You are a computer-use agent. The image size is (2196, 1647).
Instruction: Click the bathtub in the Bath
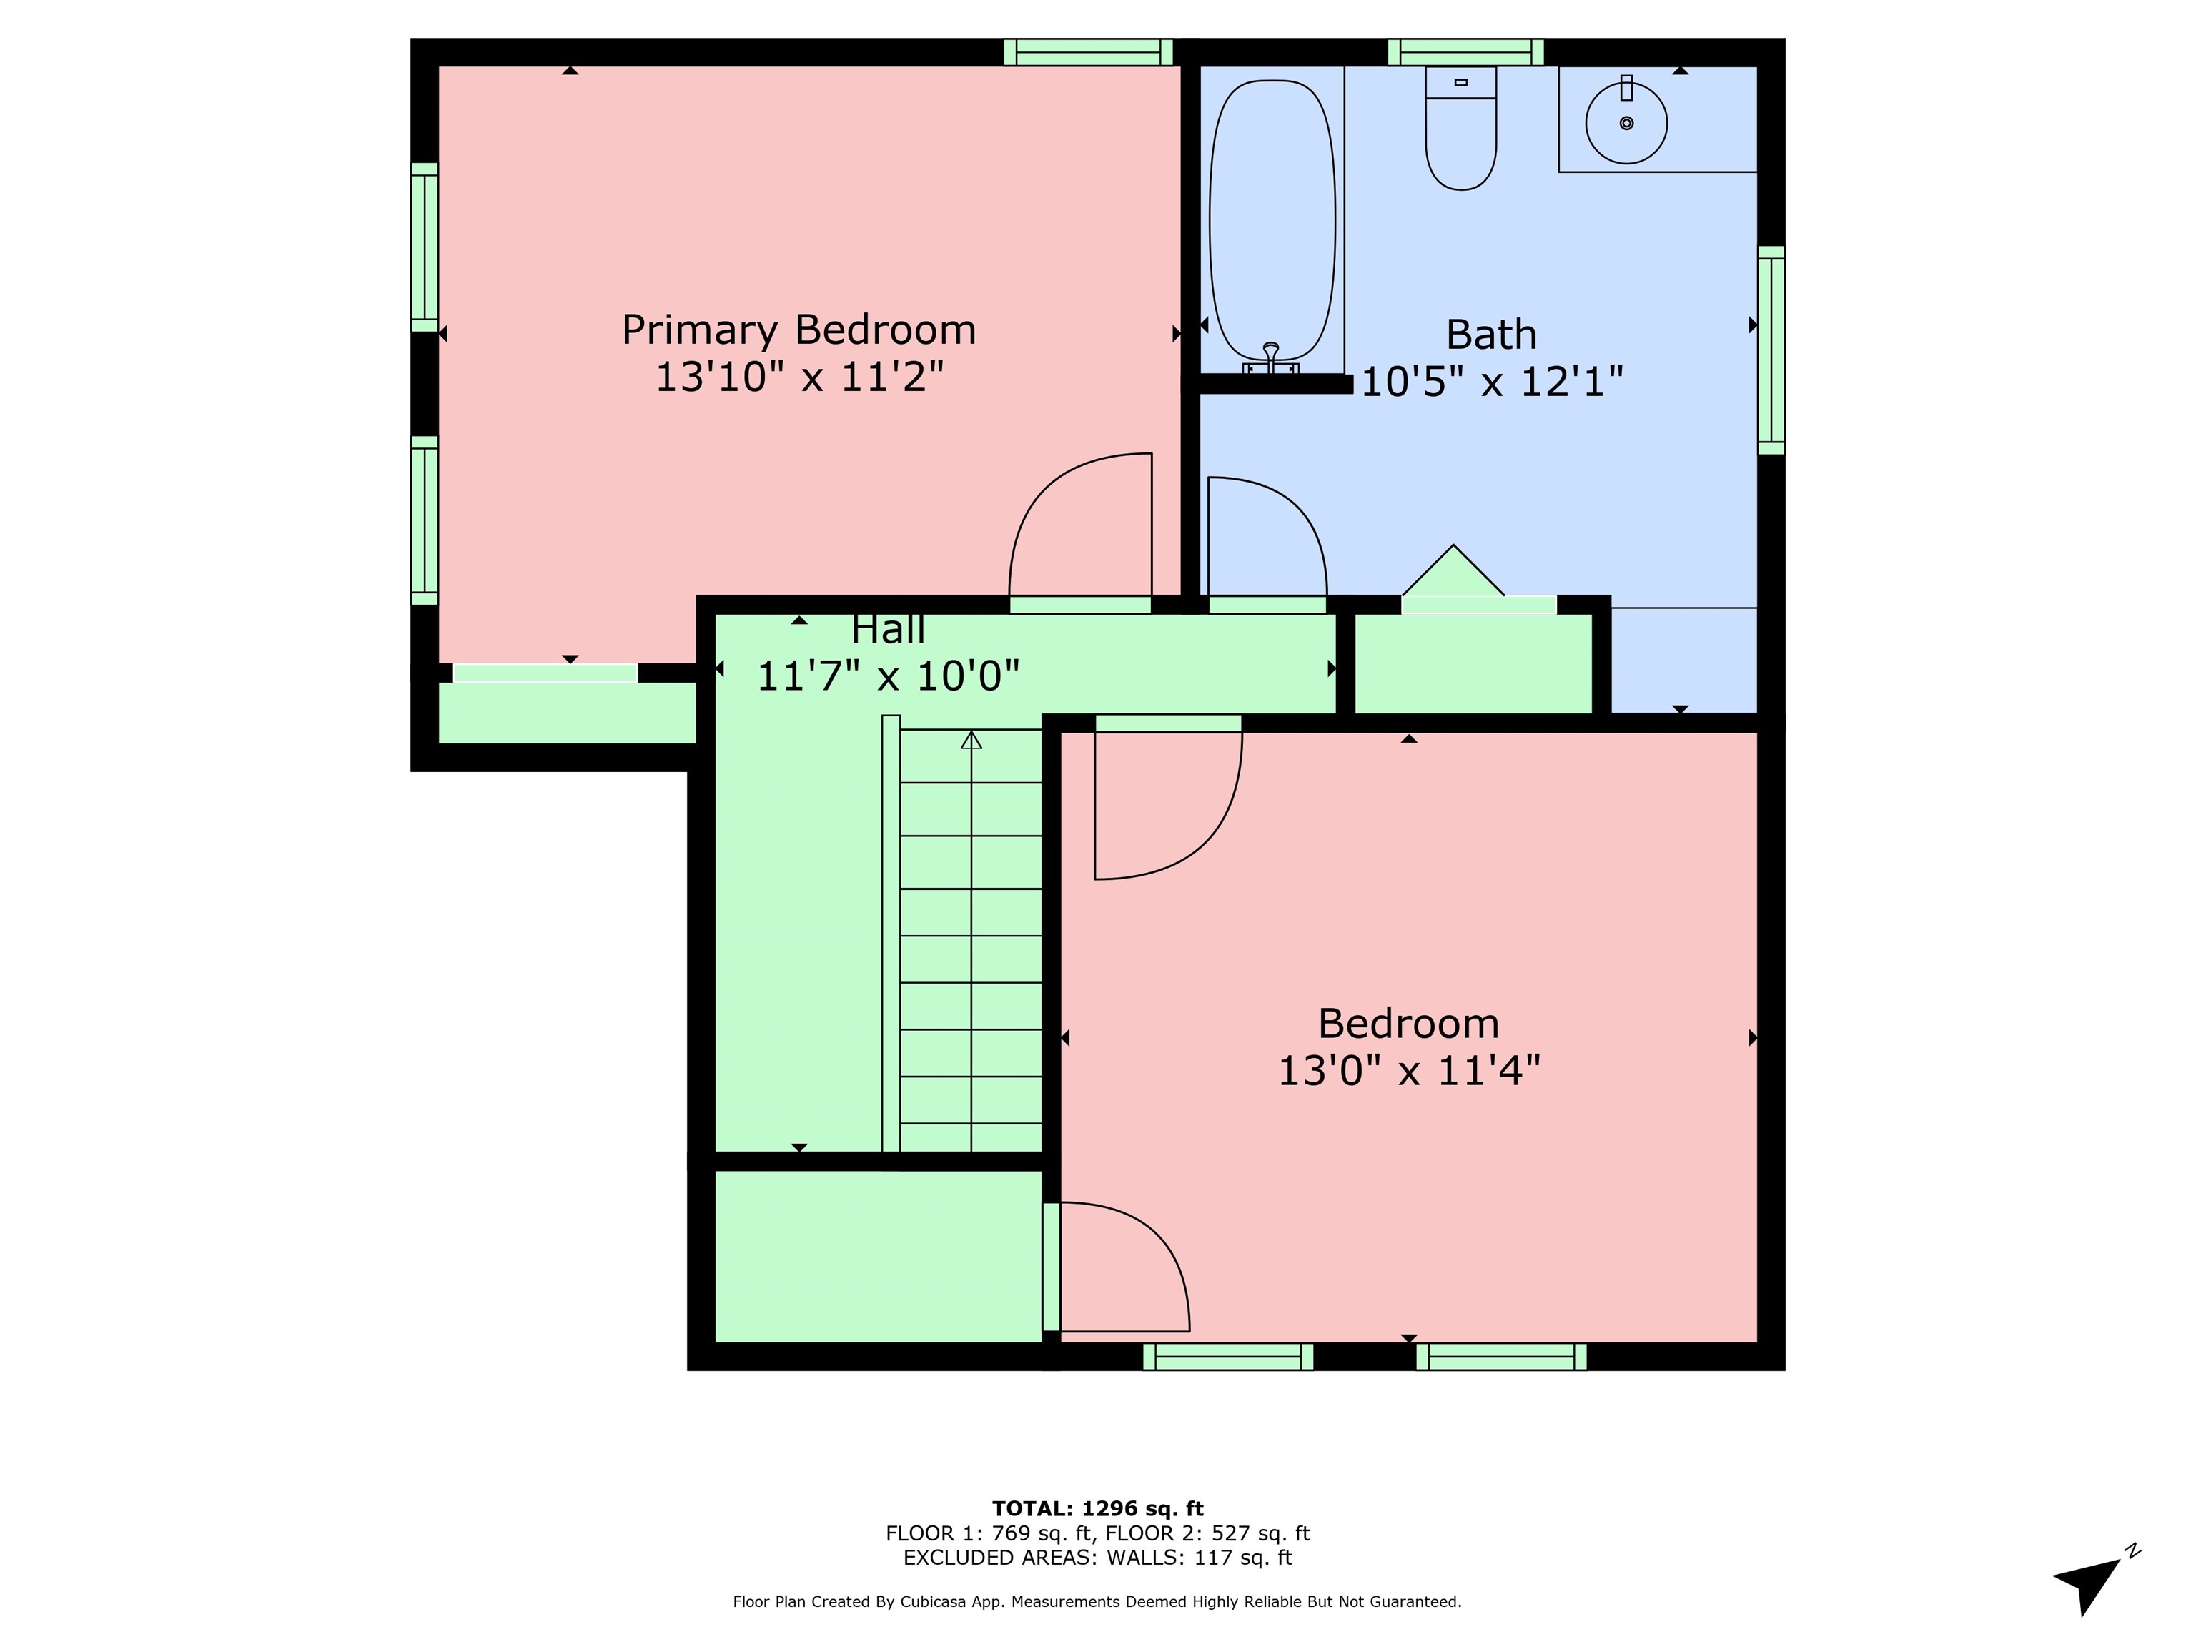click(1272, 220)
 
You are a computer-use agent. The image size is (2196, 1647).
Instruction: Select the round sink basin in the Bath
click(1626, 123)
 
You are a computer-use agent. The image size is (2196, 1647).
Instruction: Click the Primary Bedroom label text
click(799, 330)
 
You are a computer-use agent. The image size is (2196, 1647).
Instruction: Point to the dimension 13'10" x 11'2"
click(799, 377)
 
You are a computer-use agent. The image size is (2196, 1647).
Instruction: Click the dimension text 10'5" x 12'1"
click(1491, 381)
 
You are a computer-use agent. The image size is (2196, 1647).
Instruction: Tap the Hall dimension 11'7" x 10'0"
click(889, 676)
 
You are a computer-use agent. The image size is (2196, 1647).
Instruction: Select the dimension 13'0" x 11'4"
click(1409, 1072)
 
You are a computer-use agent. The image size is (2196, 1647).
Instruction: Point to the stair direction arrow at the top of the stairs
click(971, 741)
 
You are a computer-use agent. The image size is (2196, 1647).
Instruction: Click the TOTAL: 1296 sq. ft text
click(1098, 1509)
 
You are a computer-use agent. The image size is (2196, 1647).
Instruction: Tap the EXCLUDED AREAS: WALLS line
click(1098, 1558)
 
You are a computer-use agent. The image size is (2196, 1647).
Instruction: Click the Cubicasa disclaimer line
click(1097, 1601)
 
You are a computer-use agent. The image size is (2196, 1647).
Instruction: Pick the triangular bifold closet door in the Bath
click(1453, 571)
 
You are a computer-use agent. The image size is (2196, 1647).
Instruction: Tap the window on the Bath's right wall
click(1771, 350)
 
